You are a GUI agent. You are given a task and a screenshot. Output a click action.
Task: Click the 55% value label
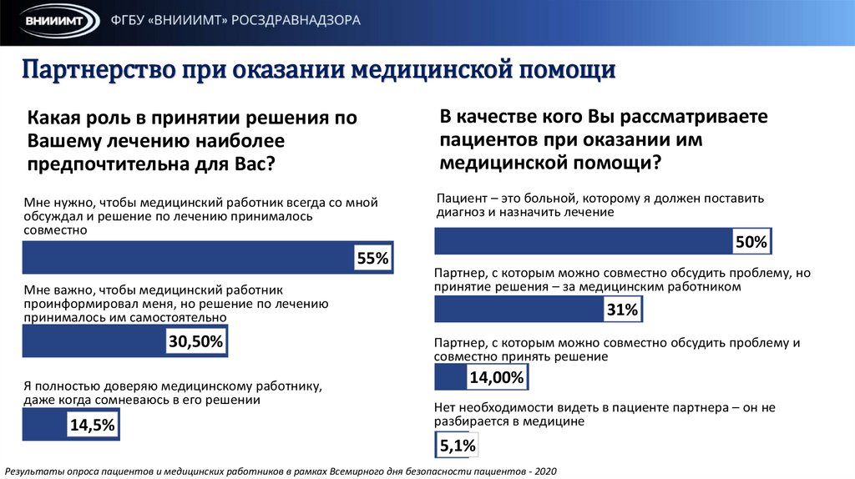[372, 259]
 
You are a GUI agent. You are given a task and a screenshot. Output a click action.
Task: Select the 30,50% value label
[196, 340]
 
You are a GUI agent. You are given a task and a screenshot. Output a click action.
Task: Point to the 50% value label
[751, 242]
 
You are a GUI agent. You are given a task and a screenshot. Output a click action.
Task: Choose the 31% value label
[622, 310]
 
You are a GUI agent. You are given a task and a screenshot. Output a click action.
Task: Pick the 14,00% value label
[497, 378]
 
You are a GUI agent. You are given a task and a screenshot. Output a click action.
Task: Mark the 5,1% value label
[457, 446]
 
